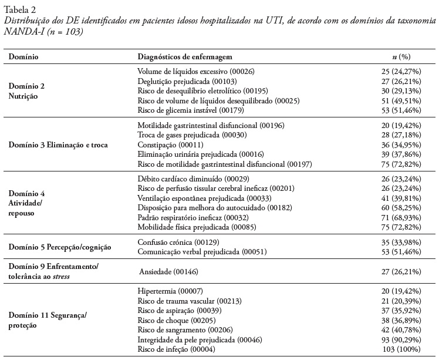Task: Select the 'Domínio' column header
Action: [22, 57]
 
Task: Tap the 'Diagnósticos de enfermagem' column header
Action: [185, 57]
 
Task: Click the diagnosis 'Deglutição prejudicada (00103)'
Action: [187, 81]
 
